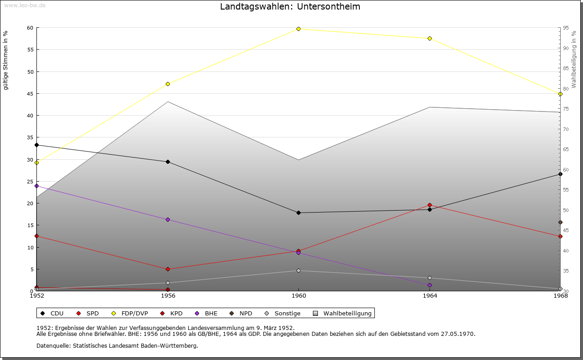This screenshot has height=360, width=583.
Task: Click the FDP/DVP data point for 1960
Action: click(x=298, y=29)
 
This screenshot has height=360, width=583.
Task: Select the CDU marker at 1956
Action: click(x=168, y=162)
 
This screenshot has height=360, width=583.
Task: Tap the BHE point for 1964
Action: click(x=430, y=285)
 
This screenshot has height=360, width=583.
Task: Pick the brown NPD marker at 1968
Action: click(x=560, y=223)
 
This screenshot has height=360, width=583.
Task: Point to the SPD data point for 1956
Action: click(x=168, y=269)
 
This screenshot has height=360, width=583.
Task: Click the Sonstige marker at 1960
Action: click(x=298, y=270)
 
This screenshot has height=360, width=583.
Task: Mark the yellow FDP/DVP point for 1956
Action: click(x=168, y=84)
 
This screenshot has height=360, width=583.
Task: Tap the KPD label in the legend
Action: click(x=176, y=313)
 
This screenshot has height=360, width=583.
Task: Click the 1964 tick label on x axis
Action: click(x=430, y=296)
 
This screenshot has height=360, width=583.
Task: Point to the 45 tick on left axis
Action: click(x=31, y=94)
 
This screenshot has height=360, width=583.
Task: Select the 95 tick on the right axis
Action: click(x=566, y=28)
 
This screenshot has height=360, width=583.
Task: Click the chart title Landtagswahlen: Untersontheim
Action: click(x=290, y=6)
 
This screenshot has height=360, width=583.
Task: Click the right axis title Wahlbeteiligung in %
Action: click(x=574, y=60)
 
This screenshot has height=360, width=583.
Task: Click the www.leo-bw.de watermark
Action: click(x=25, y=5)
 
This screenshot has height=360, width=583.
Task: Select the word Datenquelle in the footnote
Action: click(x=53, y=346)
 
